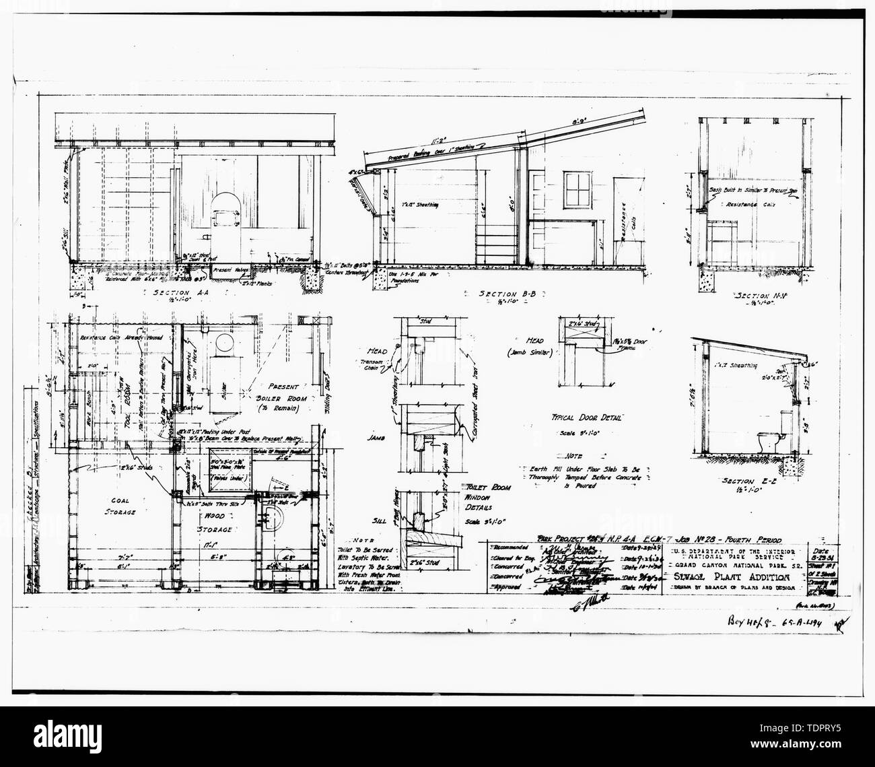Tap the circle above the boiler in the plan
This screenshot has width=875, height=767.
(x=223, y=344)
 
